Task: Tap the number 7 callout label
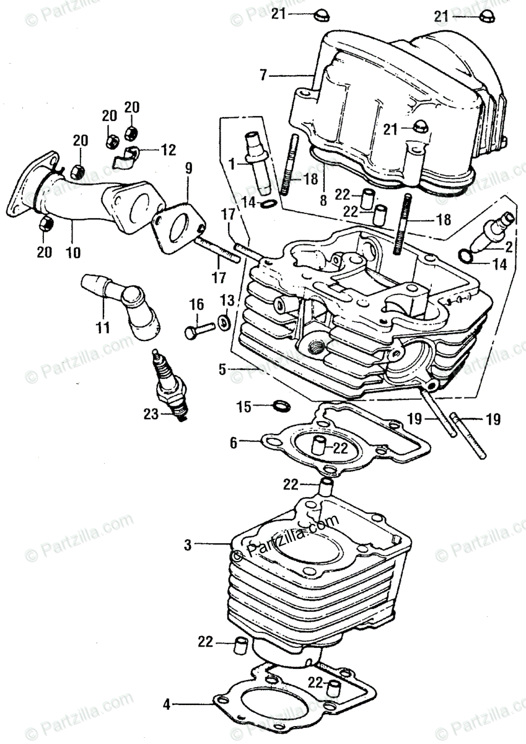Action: pos(263,75)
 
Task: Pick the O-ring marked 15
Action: pos(281,407)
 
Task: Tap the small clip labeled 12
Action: pos(126,156)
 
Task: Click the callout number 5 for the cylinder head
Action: pos(222,370)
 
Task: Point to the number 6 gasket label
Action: pos(233,443)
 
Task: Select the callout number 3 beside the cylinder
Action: pos(188,546)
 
